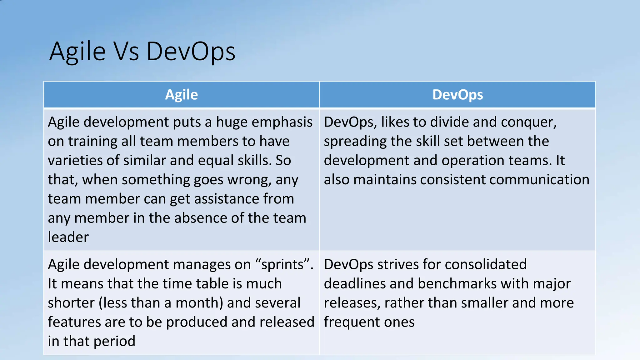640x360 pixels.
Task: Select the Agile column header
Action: point(181,95)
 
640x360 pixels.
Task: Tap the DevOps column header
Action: point(457,95)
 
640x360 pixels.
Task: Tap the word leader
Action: point(68,237)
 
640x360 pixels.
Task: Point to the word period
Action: point(114,341)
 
